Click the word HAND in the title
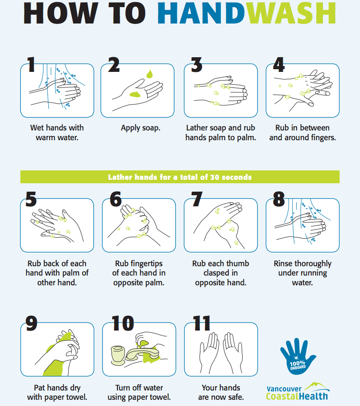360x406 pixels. pyautogui.click(x=201, y=13)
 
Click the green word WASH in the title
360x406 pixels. pyautogui.click(x=291, y=13)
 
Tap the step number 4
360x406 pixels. pyautogui.click(x=279, y=65)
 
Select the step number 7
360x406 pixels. pyautogui.click(x=197, y=199)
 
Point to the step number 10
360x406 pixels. pyautogui.click(x=123, y=323)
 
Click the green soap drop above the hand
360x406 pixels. pyautogui.click(x=149, y=74)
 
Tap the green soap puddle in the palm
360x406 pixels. pyautogui.click(x=135, y=94)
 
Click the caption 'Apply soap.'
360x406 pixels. pyautogui.click(x=141, y=128)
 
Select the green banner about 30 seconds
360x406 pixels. pyautogui.click(x=180, y=177)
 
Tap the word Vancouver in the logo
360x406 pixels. pyautogui.click(x=284, y=389)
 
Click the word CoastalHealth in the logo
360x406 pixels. pyautogui.click(x=297, y=396)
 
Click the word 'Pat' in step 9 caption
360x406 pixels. pyautogui.click(x=39, y=388)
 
